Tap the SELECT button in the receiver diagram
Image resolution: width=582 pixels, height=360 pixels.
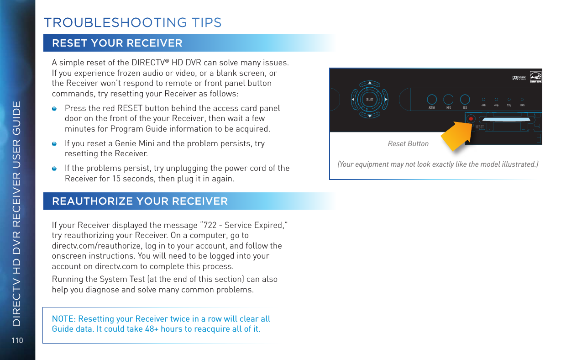coord(370,99)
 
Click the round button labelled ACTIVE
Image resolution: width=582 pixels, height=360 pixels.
coord(432,99)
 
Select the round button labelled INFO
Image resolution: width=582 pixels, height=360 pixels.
coord(449,99)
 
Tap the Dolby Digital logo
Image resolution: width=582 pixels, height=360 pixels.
coord(519,77)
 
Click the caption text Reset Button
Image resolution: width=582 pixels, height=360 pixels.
coord(408,143)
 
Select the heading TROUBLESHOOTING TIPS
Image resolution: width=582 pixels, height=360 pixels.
coord(132,22)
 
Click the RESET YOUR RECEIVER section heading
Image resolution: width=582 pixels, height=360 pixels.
coord(117,43)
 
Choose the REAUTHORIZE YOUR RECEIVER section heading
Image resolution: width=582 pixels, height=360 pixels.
coord(140,201)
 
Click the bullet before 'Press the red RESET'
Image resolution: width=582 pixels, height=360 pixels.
coord(54,109)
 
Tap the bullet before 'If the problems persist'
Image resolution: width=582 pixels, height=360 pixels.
coord(54,168)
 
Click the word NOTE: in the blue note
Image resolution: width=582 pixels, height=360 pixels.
coord(62,319)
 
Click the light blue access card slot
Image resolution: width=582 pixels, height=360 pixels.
coord(505,120)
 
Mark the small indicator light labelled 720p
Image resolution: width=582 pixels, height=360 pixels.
coord(509,99)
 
